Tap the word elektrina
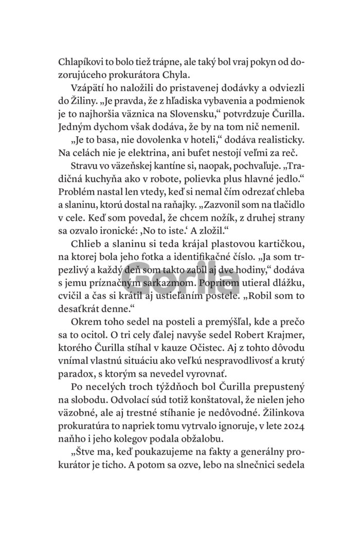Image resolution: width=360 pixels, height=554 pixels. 152,156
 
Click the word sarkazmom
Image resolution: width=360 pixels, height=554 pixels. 170,290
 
